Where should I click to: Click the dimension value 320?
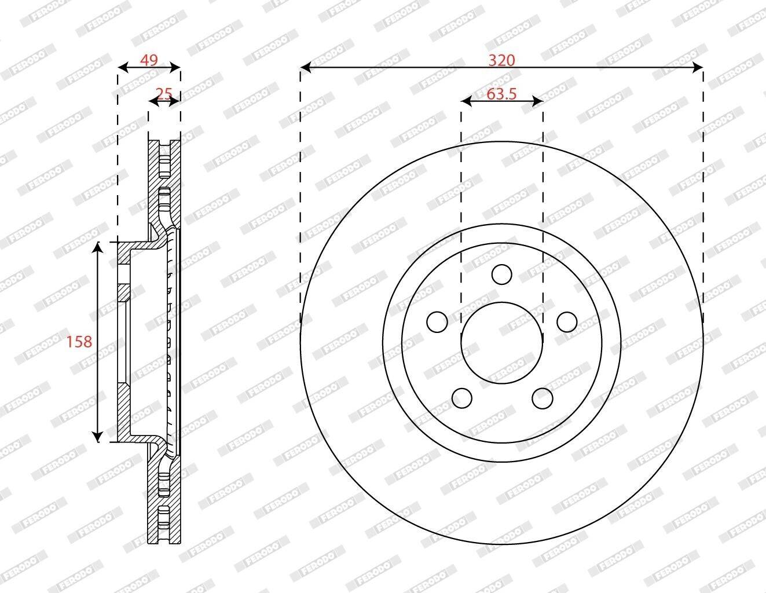(x=501, y=61)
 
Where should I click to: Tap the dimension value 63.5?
(x=501, y=94)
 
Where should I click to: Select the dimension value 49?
(x=149, y=60)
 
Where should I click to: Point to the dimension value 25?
(x=164, y=94)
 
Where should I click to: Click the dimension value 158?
(x=79, y=342)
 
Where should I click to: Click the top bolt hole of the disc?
(x=501, y=274)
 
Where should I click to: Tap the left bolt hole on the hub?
(x=437, y=322)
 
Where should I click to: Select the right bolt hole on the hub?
(x=567, y=322)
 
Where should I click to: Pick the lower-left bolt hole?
(x=462, y=398)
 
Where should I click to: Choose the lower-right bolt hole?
(x=542, y=398)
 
